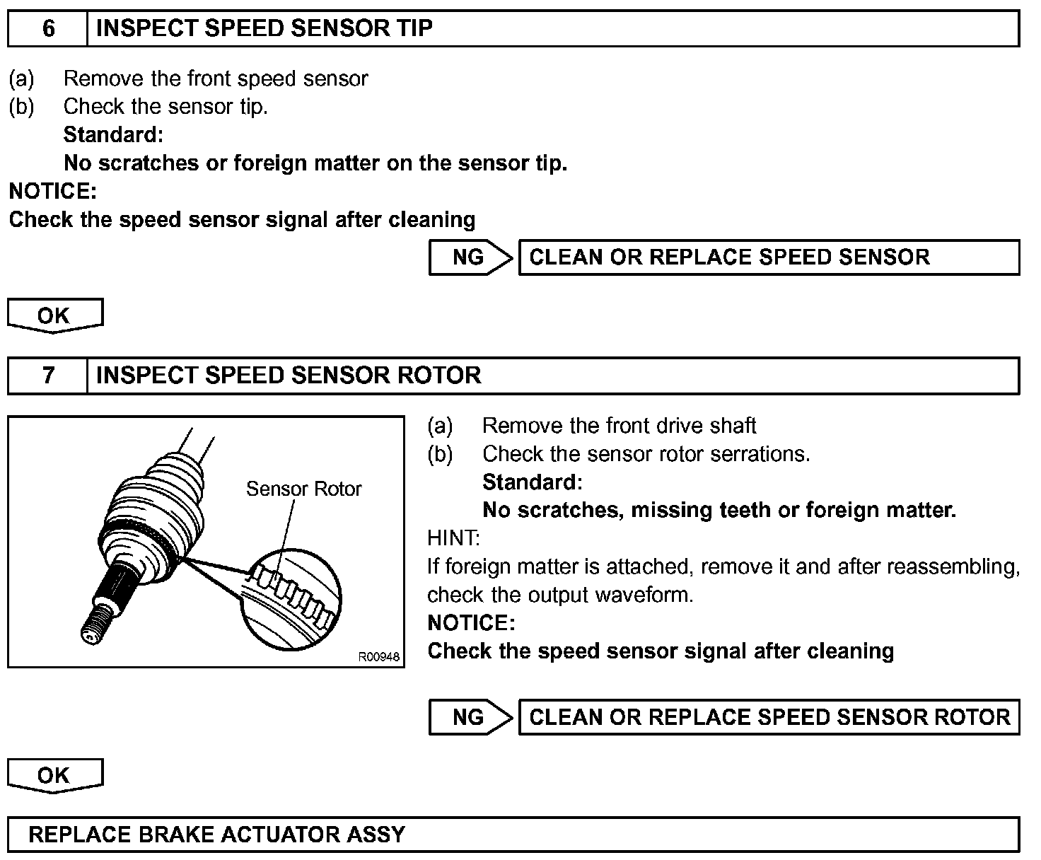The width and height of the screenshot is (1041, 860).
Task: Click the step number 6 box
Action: (48, 28)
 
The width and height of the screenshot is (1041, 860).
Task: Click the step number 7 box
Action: (48, 375)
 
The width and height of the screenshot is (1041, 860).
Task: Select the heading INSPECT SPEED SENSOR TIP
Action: (264, 28)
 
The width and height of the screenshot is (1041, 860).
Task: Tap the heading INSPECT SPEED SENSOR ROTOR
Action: (288, 375)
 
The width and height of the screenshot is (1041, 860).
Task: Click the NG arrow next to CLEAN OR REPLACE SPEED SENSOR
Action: (470, 257)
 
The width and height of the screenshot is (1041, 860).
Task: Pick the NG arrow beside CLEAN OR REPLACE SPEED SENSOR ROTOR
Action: (470, 717)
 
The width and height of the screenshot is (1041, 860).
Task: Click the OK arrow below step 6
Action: (54, 315)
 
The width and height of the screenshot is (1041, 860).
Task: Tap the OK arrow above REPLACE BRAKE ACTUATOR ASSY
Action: (54, 776)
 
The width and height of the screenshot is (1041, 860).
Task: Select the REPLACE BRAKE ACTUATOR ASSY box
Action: (513, 835)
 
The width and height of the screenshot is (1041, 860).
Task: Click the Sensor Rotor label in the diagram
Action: (303, 489)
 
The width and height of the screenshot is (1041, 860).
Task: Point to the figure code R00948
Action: (379, 657)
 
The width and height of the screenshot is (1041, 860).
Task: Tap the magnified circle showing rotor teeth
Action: (291, 598)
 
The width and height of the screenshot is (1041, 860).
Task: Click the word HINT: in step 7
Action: (453, 538)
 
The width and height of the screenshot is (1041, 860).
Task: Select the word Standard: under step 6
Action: (113, 134)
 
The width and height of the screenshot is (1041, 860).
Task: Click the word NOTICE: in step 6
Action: (52, 191)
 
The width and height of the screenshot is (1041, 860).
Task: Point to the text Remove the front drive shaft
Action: (619, 426)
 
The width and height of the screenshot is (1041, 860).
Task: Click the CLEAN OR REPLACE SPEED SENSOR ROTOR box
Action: (769, 717)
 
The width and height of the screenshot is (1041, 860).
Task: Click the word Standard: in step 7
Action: (532, 482)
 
